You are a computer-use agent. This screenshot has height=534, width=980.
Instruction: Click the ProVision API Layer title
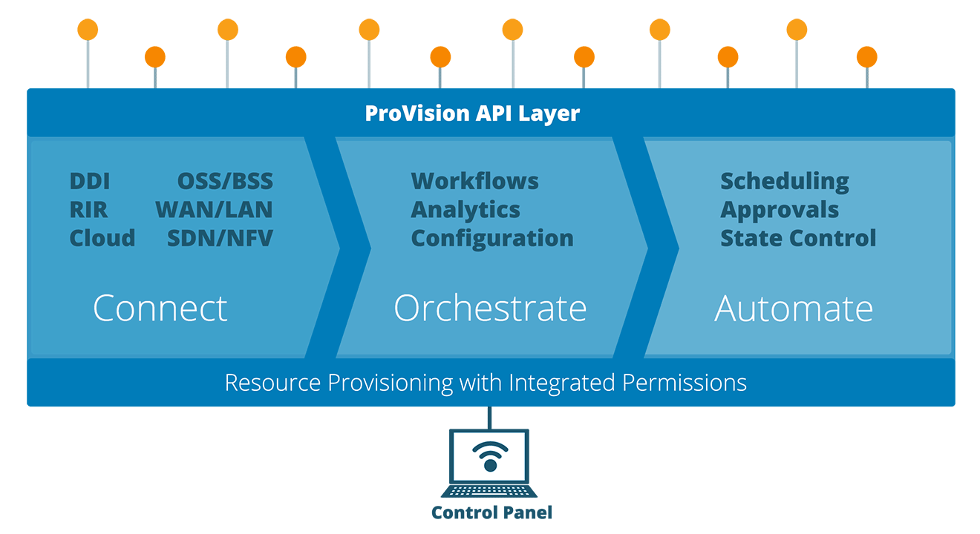click(472, 113)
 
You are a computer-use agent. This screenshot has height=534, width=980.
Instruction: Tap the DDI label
click(90, 181)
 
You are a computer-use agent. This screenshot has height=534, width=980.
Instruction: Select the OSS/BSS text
click(225, 181)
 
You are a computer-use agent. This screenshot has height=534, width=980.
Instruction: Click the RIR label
click(88, 210)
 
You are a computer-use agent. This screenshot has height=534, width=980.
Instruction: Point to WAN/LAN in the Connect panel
click(214, 210)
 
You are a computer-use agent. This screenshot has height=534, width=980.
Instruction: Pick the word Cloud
click(102, 238)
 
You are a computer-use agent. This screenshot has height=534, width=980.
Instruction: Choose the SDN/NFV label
click(220, 238)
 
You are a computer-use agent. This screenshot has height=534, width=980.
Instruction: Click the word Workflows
click(474, 181)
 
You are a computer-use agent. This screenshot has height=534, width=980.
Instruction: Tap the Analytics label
click(465, 211)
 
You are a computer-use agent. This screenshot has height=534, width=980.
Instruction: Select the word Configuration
click(492, 239)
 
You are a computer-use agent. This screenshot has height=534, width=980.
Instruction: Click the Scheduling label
click(785, 182)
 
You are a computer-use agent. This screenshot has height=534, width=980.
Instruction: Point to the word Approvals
click(780, 211)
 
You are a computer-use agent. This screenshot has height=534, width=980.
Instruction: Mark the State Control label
click(798, 238)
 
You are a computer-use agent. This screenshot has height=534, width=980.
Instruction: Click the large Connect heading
click(160, 308)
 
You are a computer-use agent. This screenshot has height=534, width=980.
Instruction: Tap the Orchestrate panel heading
click(490, 308)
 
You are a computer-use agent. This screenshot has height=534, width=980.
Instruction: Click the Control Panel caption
click(491, 512)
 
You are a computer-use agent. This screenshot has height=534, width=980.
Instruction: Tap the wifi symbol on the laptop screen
click(490, 456)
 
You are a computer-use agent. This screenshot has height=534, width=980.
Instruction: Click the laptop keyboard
click(489, 491)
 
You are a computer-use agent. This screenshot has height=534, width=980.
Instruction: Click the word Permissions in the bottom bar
click(685, 383)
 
